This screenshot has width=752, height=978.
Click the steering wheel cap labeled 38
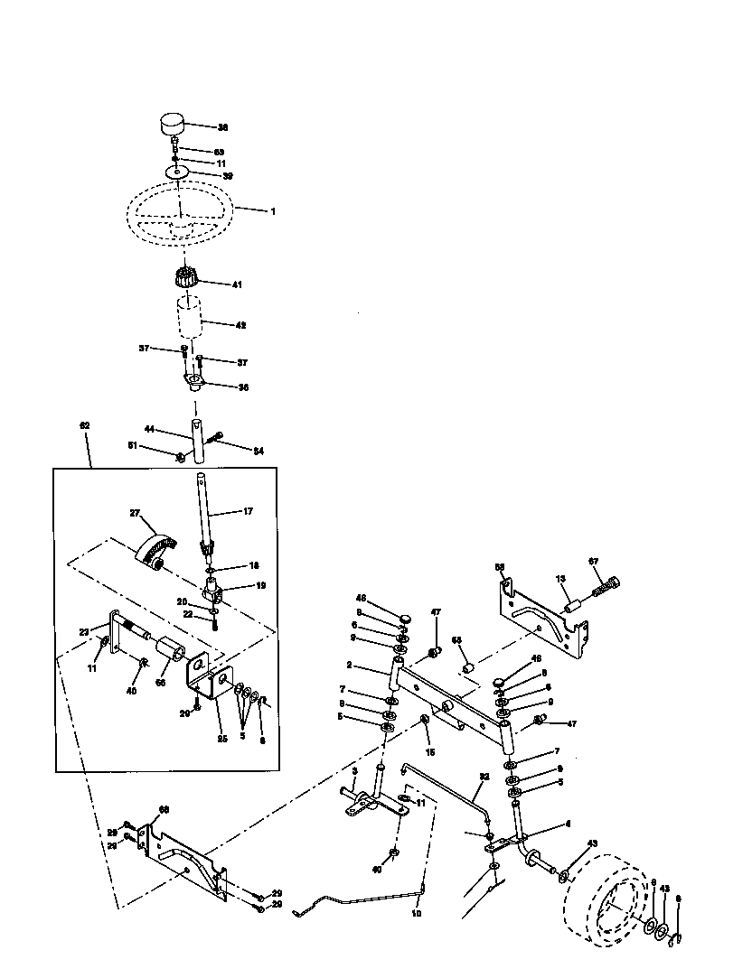pos(171,122)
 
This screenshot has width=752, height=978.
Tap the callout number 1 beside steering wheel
pos(272,210)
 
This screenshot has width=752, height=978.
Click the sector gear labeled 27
pos(154,546)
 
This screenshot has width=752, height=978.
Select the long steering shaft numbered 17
pos(204,515)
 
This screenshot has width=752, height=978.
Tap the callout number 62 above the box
pos(85,424)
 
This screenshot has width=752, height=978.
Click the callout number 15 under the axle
pos(429,752)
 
